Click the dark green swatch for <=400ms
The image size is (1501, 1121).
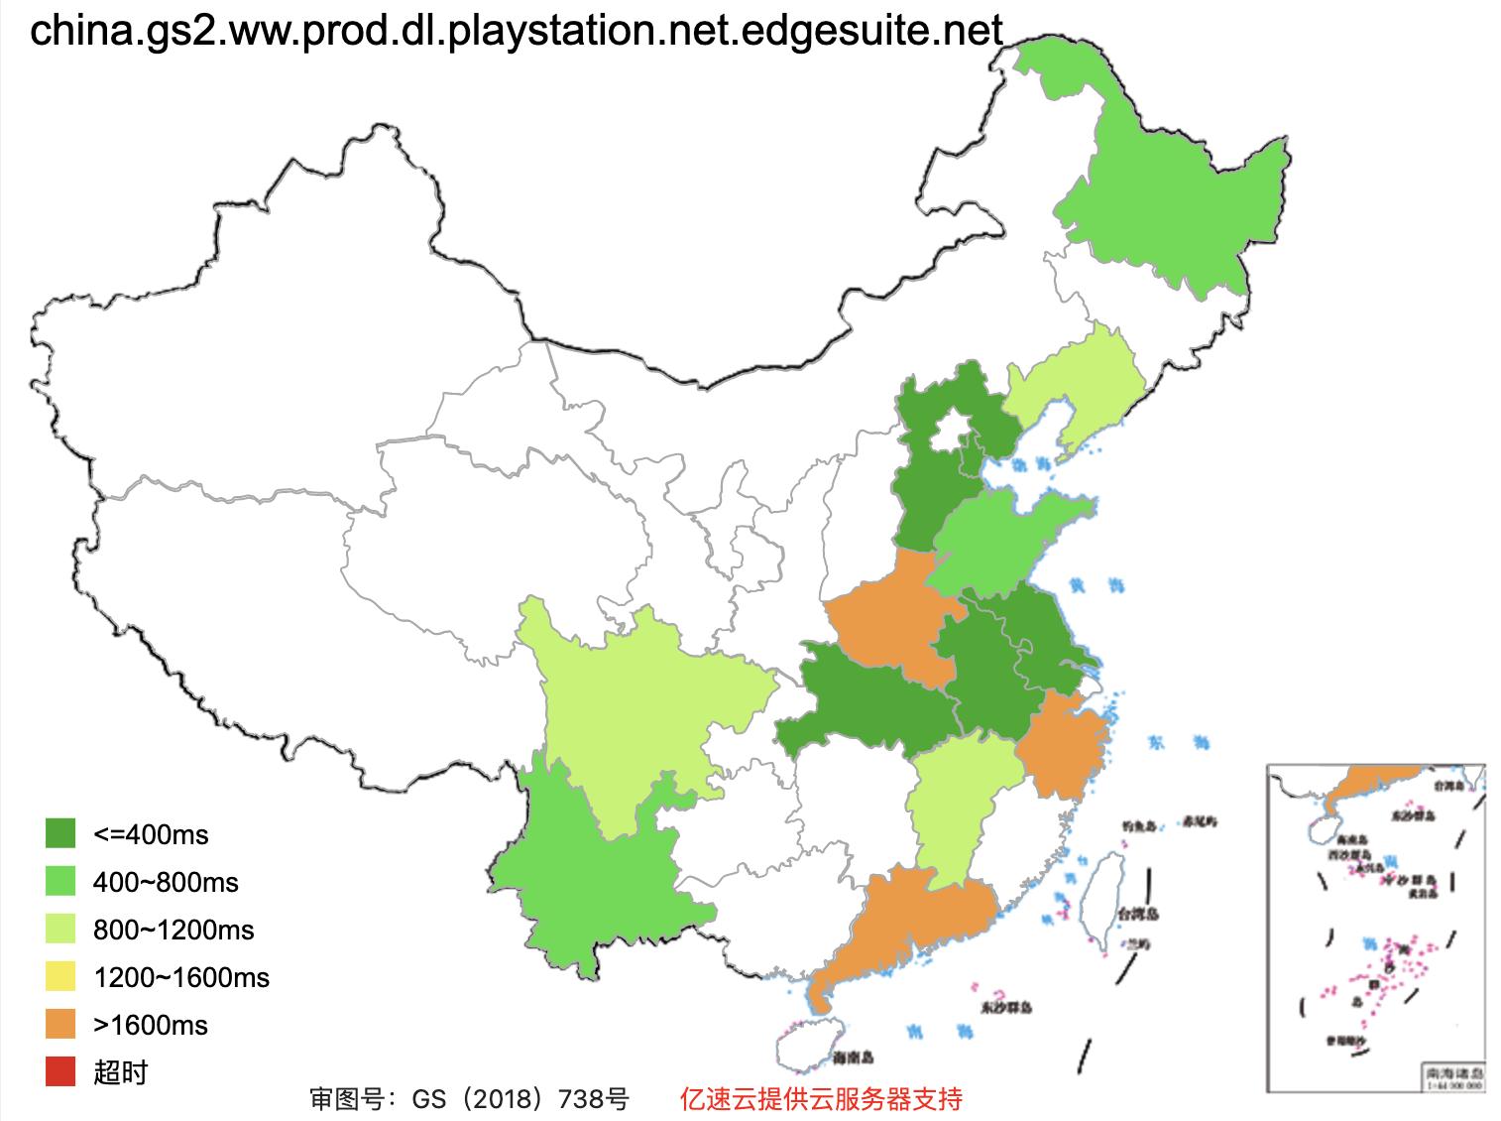(60, 833)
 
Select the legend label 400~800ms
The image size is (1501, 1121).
(166, 882)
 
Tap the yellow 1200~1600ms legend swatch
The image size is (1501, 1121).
(60, 977)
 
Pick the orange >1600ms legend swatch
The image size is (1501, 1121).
(60, 1024)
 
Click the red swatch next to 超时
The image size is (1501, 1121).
(60, 1071)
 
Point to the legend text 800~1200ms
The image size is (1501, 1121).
(173, 930)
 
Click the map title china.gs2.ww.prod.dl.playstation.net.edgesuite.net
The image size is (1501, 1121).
(517, 32)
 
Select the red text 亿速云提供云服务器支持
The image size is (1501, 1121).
(820, 1099)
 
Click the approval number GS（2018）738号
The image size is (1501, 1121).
(469, 1099)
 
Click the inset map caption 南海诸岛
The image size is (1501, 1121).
(1453, 1072)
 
